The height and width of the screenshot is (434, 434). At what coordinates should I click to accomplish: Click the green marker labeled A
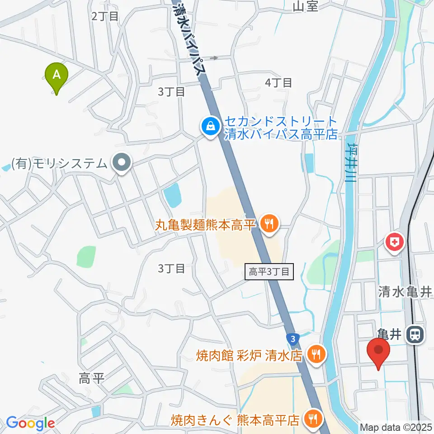(57, 75)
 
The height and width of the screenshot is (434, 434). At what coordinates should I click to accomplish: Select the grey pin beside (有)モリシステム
(121, 162)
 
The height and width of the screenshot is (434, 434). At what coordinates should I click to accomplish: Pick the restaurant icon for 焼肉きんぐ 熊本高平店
(311, 420)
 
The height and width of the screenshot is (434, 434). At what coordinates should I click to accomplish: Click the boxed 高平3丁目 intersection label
(269, 272)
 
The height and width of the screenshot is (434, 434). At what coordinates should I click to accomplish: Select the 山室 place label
(306, 6)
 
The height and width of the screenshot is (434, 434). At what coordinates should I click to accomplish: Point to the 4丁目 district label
(278, 83)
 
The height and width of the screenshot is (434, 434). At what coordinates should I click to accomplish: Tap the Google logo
(30, 424)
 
